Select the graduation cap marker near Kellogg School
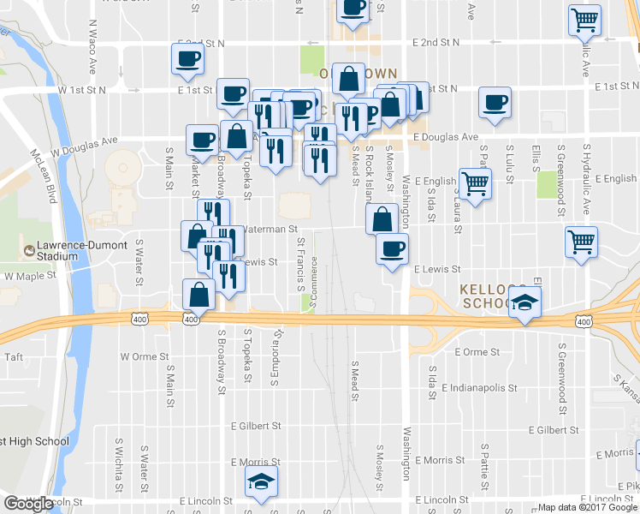(x=525, y=302)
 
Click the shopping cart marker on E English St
(x=474, y=182)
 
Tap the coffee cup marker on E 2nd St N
(x=188, y=59)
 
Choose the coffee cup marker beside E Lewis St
(x=392, y=249)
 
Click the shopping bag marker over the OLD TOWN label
(x=349, y=80)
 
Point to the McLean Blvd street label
(x=43, y=176)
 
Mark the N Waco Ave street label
(x=92, y=53)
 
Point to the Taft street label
(x=14, y=356)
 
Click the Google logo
(x=28, y=504)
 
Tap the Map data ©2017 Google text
(x=588, y=507)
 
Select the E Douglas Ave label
(x=445, y=136)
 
